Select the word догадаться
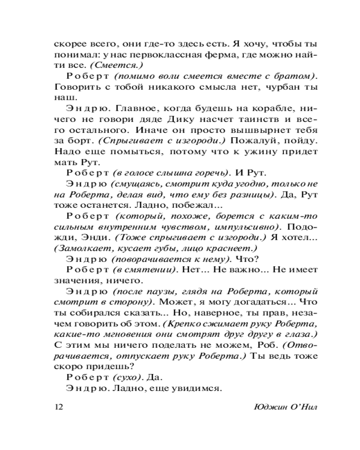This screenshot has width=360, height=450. coord(249,302)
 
